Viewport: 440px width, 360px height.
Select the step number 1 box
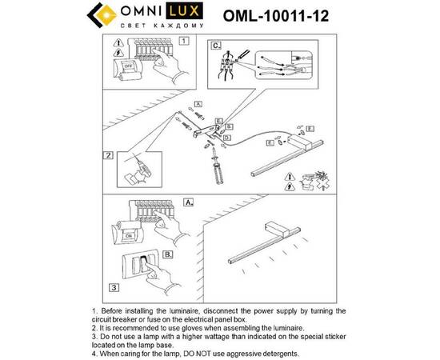click(x=185, y=39)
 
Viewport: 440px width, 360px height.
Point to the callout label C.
click(x=216, y=46)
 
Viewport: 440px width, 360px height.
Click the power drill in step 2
click(x=145, y=168)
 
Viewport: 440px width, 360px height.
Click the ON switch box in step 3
click(x=126, y=238)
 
